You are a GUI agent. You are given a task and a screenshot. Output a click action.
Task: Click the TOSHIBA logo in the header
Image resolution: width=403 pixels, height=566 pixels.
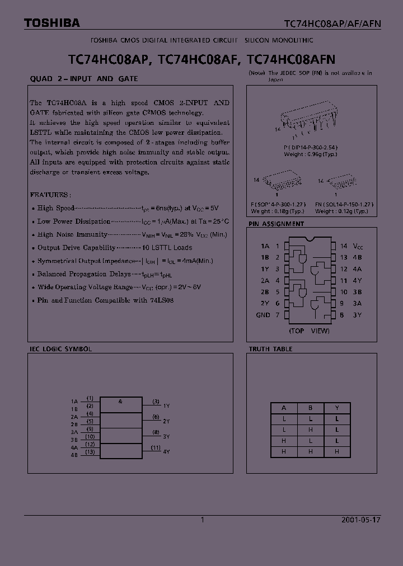click(51, 23)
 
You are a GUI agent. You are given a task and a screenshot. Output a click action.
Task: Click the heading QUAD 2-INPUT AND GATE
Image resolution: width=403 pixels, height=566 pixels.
click(83, 79)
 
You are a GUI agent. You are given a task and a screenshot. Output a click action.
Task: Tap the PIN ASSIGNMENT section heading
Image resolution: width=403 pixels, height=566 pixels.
click(276, 224)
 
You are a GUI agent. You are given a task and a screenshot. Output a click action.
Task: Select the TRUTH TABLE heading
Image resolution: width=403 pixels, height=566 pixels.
click(270, 349)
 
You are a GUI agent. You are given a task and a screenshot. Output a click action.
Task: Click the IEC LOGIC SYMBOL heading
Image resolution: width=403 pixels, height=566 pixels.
click(60, 349)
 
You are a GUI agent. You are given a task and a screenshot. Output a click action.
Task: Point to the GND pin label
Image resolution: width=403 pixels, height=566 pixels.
click(263, 315)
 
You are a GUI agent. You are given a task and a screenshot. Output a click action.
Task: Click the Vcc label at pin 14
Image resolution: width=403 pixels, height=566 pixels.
click(359, 246)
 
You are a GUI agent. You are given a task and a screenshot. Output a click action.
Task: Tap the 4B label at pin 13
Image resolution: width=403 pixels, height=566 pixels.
click(358, 257)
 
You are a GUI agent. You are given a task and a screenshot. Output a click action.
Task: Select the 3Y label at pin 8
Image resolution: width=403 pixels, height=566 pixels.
click(357, 315)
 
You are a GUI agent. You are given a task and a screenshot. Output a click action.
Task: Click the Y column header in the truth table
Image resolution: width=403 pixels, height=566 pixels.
click(336, 408)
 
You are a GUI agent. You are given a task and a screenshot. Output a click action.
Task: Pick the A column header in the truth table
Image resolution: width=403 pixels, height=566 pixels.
click(284, 408)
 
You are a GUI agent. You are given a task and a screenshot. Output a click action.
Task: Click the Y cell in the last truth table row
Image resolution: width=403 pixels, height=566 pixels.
click(336, 451)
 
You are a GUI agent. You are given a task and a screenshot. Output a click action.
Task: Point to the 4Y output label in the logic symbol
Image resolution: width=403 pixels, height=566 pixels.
click(166, 451)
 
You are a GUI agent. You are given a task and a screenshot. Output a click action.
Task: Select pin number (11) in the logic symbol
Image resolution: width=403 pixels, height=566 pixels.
click(156, 447)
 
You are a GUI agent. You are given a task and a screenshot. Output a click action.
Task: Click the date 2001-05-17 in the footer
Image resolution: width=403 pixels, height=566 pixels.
click(360, 520)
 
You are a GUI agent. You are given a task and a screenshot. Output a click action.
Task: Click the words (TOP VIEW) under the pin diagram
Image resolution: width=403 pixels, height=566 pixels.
click(309, 331)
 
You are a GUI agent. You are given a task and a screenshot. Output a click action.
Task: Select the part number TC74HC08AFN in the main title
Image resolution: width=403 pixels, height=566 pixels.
click(291, 58)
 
